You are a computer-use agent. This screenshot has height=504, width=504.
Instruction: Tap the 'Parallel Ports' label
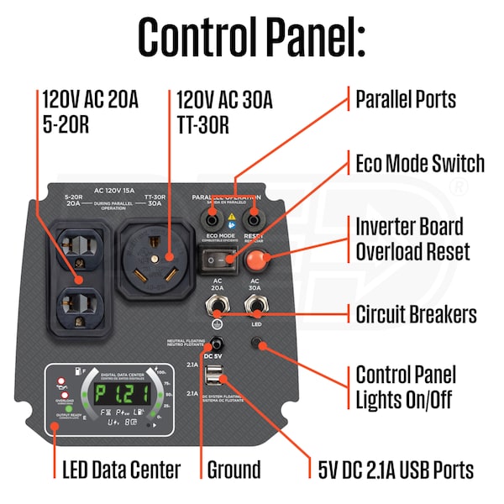(406, 99)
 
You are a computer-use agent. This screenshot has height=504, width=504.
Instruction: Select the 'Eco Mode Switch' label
(420, 163)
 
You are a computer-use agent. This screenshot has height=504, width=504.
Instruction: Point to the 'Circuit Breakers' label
(416, 315)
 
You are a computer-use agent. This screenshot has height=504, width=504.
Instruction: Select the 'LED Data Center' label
(121, 470)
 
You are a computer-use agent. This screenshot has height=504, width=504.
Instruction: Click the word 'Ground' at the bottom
(233, 470)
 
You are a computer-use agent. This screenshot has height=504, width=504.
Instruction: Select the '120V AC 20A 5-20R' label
(91, 113)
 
